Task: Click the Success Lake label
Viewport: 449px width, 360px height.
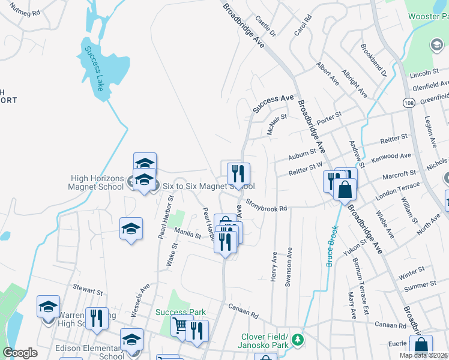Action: point(93,67)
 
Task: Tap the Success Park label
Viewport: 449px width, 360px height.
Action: point(181,312)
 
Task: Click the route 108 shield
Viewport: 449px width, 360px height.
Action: point(408,103)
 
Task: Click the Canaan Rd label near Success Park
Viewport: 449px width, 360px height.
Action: point(243,311)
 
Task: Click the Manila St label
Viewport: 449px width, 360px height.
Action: point(187,233)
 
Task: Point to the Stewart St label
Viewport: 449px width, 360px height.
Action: point(84,288)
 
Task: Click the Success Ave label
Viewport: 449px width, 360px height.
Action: point(273,103)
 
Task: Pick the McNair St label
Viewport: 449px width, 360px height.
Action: point(274,125)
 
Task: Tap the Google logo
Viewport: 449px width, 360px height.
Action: point(20,353)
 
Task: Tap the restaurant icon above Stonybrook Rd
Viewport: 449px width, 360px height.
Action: point(238,175)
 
